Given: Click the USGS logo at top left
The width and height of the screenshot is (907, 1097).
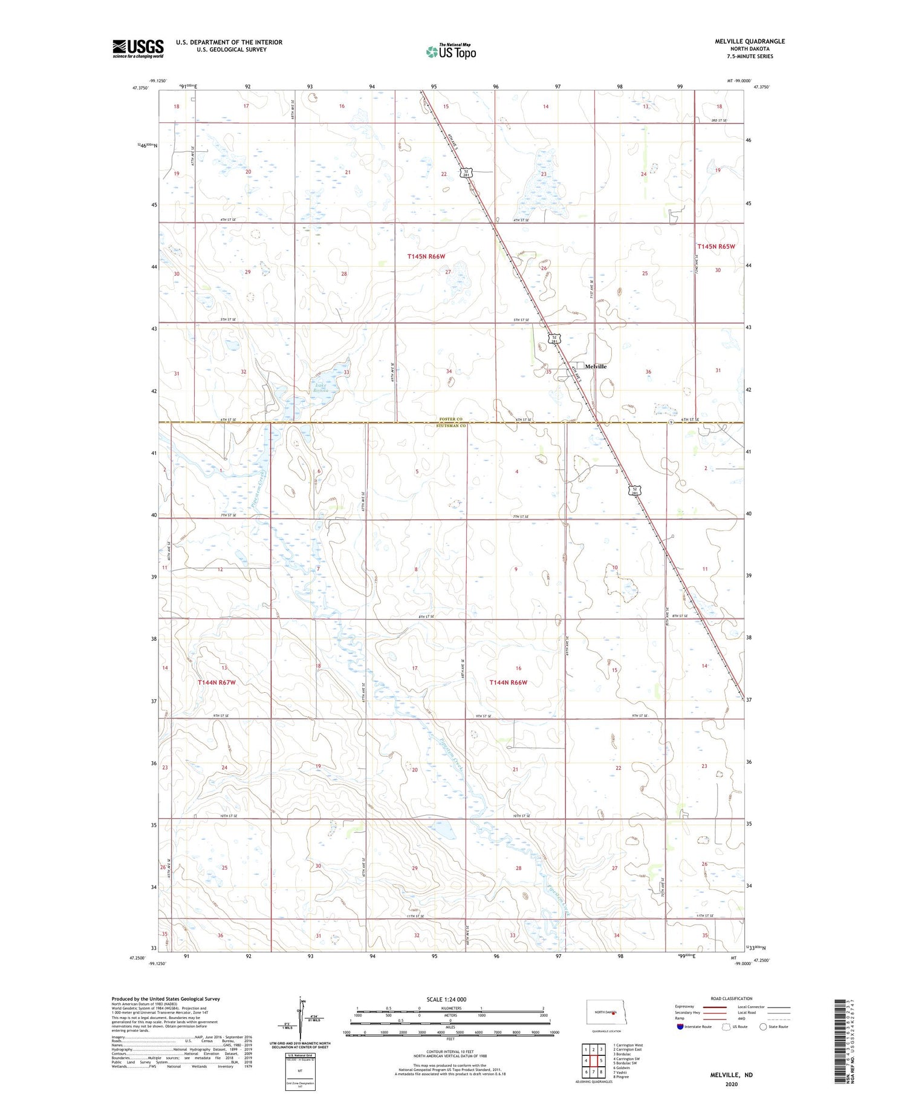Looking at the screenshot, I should coord(138,48).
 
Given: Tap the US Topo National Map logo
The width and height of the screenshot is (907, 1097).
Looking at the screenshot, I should coord(450,51).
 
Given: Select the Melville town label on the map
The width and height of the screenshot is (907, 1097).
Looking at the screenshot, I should coord(595,367).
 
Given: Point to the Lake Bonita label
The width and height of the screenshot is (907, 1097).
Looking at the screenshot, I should coord(321,387).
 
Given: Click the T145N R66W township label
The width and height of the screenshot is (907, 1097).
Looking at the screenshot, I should coord(426,257).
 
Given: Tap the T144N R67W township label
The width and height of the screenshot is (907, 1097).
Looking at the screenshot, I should coord(216,683).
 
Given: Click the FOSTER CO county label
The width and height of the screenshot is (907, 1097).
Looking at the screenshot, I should coord(451,419).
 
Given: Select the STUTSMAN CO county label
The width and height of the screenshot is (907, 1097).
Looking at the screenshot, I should coord(451,426).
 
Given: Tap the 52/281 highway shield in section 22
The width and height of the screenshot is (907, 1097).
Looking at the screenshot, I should coord(467,172).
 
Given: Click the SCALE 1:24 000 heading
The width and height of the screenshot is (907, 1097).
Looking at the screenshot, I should coord(446,1000).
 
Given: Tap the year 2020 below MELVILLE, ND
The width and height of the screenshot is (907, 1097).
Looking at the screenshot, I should coord(732,1084).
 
